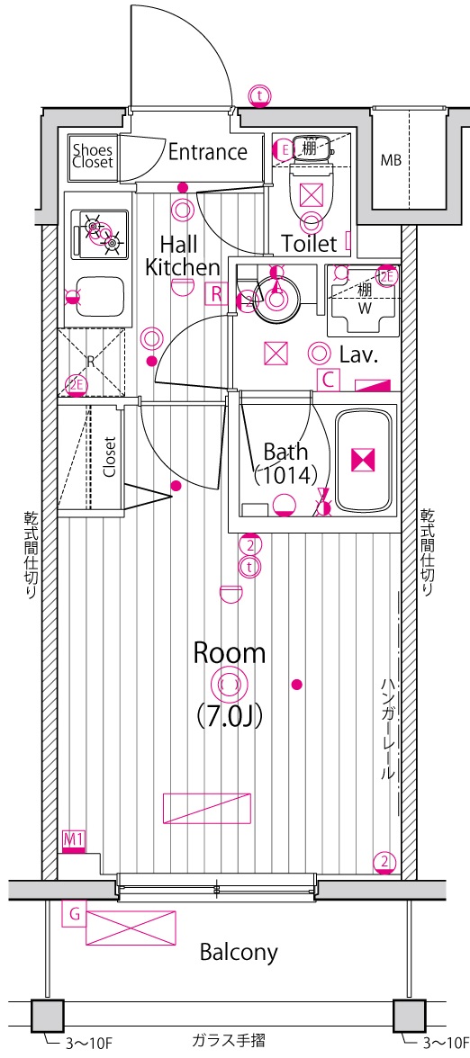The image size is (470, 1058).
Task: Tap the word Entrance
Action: tap(207, 152)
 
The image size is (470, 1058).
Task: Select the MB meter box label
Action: tap(391, 160)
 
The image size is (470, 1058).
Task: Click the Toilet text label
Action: tap(309, 243)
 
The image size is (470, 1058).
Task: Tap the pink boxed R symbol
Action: tap(215, 293)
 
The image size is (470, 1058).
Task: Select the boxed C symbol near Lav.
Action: tap(328, 380)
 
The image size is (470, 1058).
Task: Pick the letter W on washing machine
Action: tap(365, 309)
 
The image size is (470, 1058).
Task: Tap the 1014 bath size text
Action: tap(285, 475)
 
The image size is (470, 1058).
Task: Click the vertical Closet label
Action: tap(110, 457)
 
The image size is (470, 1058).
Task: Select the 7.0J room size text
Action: tap(229, 714)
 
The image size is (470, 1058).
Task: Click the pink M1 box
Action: tap(73, 839)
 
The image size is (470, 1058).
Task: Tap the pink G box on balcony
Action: tap(74, 915)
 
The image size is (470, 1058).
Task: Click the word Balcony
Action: tap(239, 952)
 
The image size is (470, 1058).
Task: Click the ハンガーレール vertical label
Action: tap(387, 729)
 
